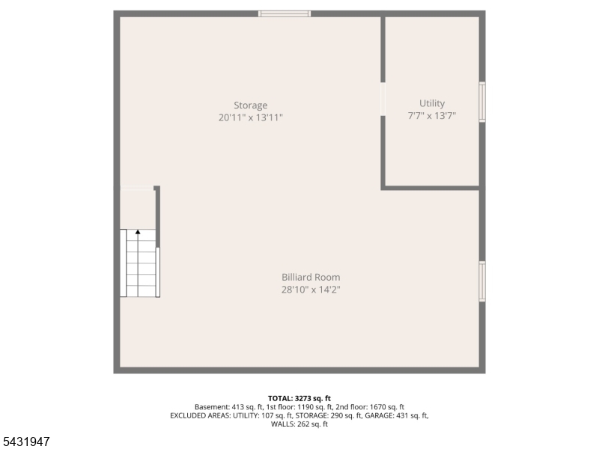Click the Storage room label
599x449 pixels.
click(x=251, y=105)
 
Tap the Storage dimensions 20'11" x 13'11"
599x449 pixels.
click(x=251, y=117)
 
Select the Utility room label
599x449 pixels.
click(x=432, y=103)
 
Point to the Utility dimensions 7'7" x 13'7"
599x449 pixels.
click(x=432, y=116)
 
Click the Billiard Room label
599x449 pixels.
click(x=311, y=277)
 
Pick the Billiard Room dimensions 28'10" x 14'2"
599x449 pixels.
click(x=311, y=290)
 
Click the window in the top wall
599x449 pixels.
click(x=285, y=13)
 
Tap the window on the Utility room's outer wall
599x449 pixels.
click(x=482, y=102)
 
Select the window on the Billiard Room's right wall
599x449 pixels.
click(x=482, y=281)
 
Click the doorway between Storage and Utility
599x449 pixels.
click(x=383, y=100)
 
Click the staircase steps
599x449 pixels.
click(x=140, y=263)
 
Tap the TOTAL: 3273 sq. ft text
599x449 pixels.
click(x=299, y=399)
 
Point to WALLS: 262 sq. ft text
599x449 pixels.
click(x=299, y=424)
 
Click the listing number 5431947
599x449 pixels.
click(x=25, y=442)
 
